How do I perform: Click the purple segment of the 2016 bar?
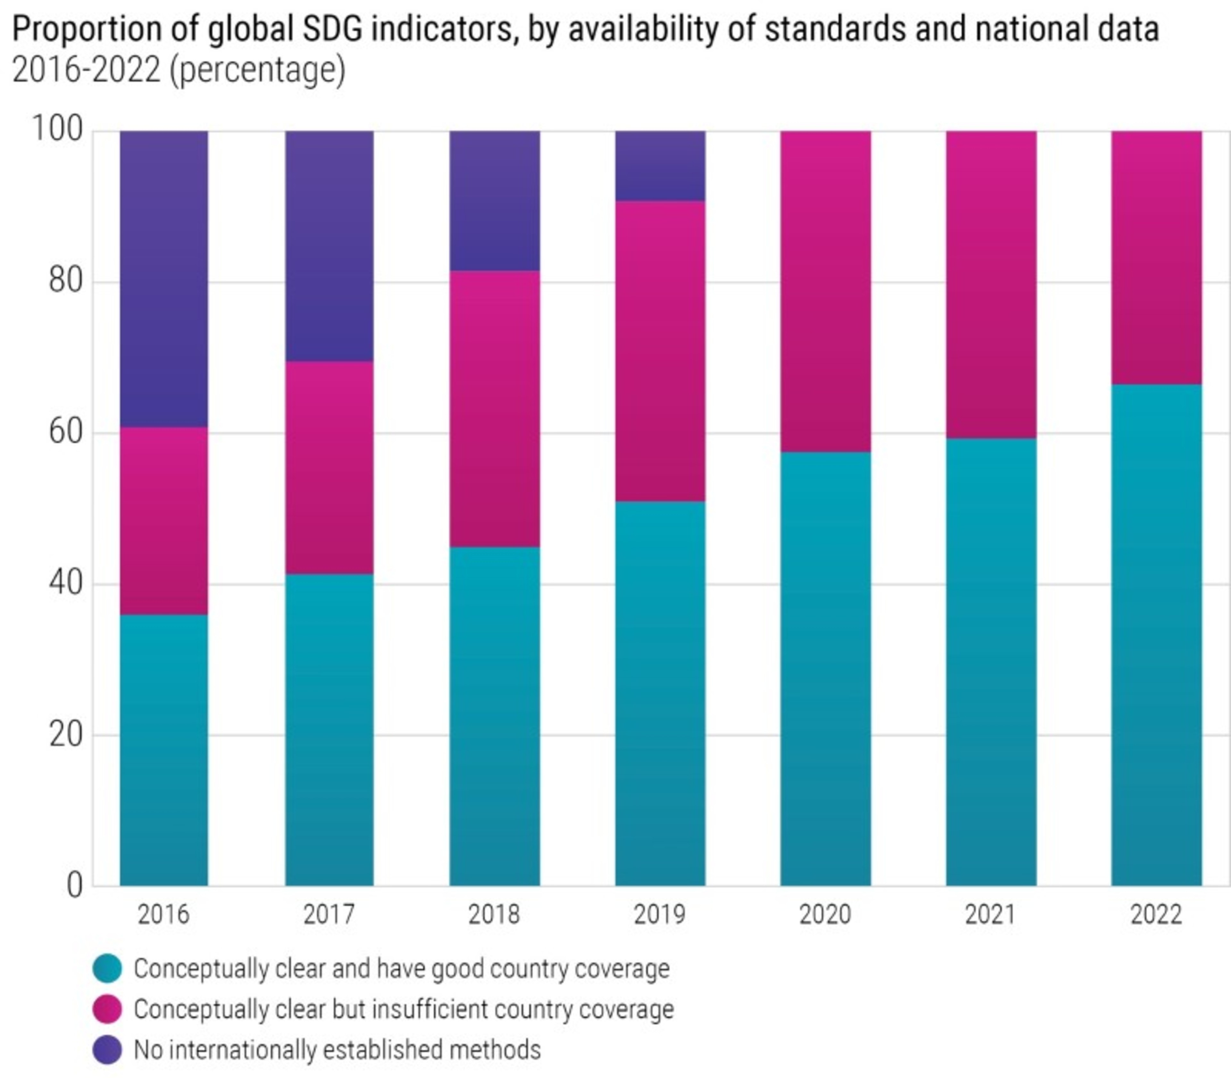[163, 278]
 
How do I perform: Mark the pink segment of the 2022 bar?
[1156, 257]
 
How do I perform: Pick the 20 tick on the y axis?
[65, 734]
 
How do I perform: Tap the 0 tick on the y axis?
[75, 885]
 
